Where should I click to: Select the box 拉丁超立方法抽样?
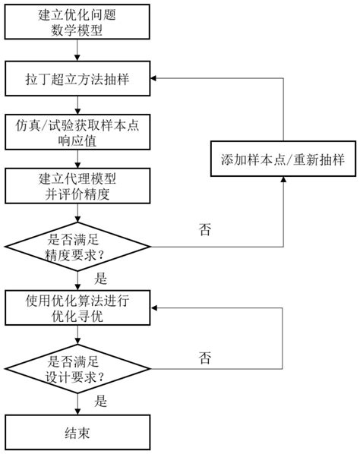[x=77, y=78]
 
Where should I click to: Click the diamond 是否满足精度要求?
[x=77, y=245]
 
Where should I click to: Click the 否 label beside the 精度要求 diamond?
[x=205, y=228]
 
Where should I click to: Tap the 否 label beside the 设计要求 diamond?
[x=205, y=356]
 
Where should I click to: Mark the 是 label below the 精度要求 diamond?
[x=101, y=279]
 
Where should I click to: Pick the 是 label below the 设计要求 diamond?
[x=101, y=399]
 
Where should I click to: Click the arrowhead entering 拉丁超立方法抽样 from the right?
[x=156, y=79]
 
